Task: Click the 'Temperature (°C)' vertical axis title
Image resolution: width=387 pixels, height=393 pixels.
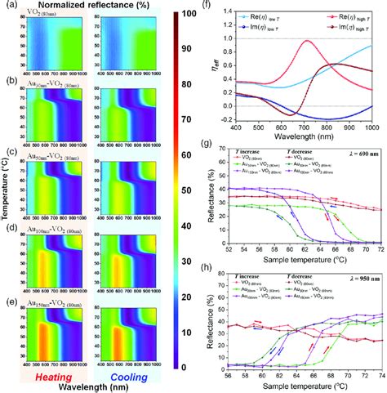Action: click(x=7, y=191)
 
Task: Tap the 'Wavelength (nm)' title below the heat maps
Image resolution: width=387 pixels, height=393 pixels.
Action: click(x=96, y=385)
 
